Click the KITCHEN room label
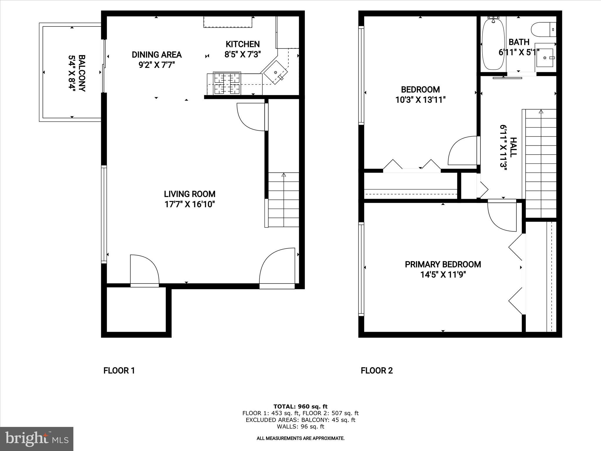tap(242, 44)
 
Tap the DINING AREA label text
tap(157, 55)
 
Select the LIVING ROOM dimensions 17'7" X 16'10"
tap(190, 204)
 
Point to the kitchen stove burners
tap(227, 84)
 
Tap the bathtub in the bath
tap(493, 44)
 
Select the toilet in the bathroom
tap(543, 30)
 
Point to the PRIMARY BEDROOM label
tap(443, 264)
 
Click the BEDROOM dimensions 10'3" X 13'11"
tap(421, 100)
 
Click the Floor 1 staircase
tap(283, 200)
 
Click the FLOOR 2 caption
tap(377, 371)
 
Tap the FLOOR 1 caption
tap(119, 371)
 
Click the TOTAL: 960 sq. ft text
tap(300, 406)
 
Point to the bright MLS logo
tap(37, 439)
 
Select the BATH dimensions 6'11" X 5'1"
tap(519, 53)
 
